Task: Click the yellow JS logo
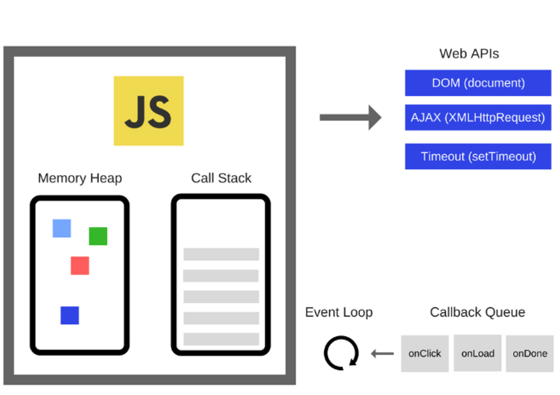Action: point(149,111)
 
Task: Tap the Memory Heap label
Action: point(80,178)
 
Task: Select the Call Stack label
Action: point(221,178)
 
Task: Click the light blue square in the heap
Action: point(62,228)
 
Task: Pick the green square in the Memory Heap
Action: point(98,236)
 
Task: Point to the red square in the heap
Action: point(80,265)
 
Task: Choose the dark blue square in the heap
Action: point(70,315)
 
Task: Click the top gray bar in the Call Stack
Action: point(221,254)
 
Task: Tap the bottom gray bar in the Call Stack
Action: point(221,339)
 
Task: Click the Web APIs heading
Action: point(469,54)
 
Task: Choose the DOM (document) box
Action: point(478,83)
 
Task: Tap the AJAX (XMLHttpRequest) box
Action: point(478,117)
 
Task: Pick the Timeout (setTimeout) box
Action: point(478,157)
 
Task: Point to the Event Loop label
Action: point(339,313)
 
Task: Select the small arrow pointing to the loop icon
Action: point(382,353)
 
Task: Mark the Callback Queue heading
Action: point(478,313)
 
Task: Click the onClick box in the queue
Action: point(425,354)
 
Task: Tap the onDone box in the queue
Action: point(530,354)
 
